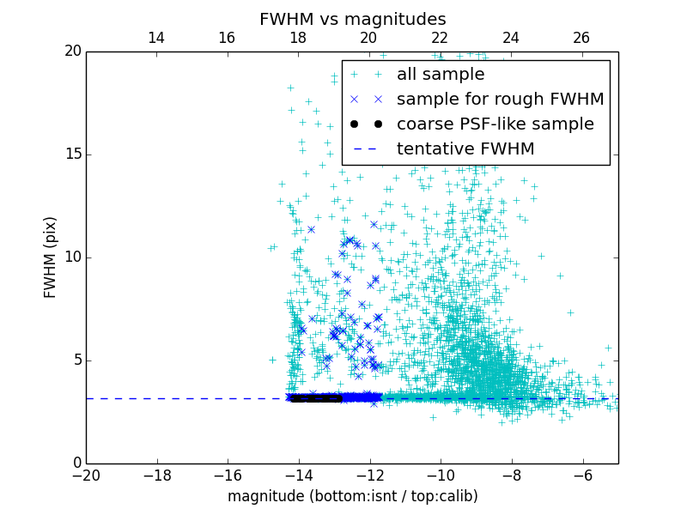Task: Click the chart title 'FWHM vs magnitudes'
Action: pos(352,19)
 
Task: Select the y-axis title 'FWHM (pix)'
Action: pos(51,257)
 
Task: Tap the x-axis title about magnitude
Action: pos(352,496)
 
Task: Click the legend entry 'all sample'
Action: pos(441,75)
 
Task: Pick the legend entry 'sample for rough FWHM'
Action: pos(500,100)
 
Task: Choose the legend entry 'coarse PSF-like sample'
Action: pos(495,124)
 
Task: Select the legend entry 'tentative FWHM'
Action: pos(465,149)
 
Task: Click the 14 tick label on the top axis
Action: pos(156,38)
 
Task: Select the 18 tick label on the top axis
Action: pos(298,38)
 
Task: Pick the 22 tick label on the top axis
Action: pos(440,38)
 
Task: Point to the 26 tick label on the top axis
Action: pos(581,38)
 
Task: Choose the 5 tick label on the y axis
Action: pos(76,360)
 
